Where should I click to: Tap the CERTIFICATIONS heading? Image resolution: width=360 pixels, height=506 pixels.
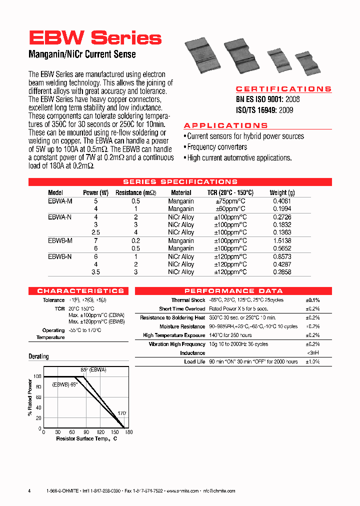283,89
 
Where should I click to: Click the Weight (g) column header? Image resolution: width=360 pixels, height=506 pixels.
282,192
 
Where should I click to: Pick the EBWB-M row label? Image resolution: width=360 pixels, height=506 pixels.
60,240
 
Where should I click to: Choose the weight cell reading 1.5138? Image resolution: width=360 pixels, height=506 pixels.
282,240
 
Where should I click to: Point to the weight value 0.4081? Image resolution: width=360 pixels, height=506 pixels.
282,201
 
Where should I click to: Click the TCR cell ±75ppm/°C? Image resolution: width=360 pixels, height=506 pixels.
230,201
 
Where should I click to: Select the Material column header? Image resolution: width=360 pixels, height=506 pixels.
181,192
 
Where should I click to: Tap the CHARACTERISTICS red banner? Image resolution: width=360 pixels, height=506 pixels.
80,290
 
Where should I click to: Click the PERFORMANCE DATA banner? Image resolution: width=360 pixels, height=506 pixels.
233,290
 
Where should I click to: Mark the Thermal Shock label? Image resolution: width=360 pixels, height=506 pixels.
188,300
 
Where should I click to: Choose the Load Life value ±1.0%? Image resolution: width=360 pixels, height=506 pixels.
312,361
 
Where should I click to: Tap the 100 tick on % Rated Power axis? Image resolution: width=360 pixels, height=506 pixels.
36,376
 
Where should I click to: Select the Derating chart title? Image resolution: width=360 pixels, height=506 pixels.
38,356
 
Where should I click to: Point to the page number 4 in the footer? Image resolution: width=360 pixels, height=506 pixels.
29,491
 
